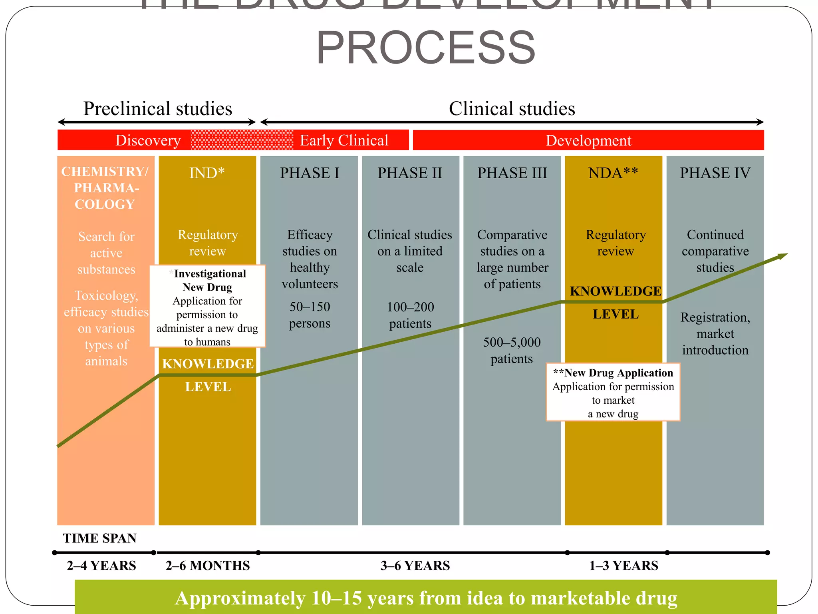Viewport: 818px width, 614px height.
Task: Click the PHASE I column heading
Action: coord(310,173)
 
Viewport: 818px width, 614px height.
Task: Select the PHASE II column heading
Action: coord(410,173)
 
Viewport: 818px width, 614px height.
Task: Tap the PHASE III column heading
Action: coord(512,173)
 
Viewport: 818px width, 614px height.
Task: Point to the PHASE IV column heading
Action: coord(715,173)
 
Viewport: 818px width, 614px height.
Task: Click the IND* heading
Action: coord(207,173)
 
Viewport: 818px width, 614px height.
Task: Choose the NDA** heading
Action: coord(613,173)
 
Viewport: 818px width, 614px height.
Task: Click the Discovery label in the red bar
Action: coord(148,140)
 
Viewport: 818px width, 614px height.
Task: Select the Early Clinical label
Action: coord(344,140)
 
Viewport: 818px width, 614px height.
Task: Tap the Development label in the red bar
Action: coord(588,141)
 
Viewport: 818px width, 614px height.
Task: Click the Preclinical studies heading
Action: coord(157,109)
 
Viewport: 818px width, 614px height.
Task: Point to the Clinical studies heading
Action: coord(512,109)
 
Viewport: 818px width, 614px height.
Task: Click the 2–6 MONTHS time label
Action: coord(208,566)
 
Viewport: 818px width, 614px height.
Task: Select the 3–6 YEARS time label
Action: coord(415,566)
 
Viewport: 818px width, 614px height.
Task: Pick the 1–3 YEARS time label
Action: coord(623,566)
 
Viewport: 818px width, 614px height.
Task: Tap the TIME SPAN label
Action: coord(100,538)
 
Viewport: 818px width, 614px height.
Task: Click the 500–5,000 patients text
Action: coord(512,350)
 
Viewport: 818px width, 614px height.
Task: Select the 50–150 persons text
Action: coord(310,315)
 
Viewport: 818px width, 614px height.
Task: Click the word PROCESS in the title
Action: coord(426,48)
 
